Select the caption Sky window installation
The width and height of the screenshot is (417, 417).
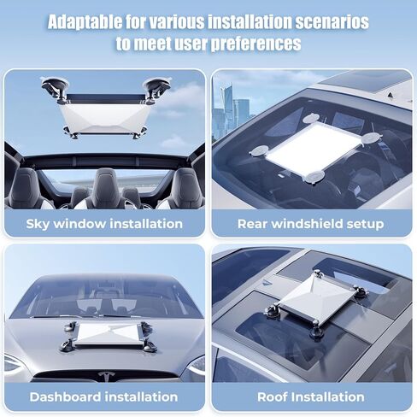pyautogui.click(x=104, y=224)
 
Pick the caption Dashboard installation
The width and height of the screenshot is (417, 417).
pyautogui.click(x=104, y=396)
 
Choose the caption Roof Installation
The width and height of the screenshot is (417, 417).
pyautogui.click(x=311, y=396)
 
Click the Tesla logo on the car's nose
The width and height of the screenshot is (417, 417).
pyautogui.click(x=107, y=376)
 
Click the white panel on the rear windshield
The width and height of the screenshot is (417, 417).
pyautogui.click(x=311, y=145)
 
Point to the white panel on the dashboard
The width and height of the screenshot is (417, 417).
pyautogui.click(x=105, y=334)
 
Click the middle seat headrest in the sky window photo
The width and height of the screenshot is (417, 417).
pyautogui.click(x=105, y=182)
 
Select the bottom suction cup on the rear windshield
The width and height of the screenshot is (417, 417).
pyautogui.click(x=314, y=177)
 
